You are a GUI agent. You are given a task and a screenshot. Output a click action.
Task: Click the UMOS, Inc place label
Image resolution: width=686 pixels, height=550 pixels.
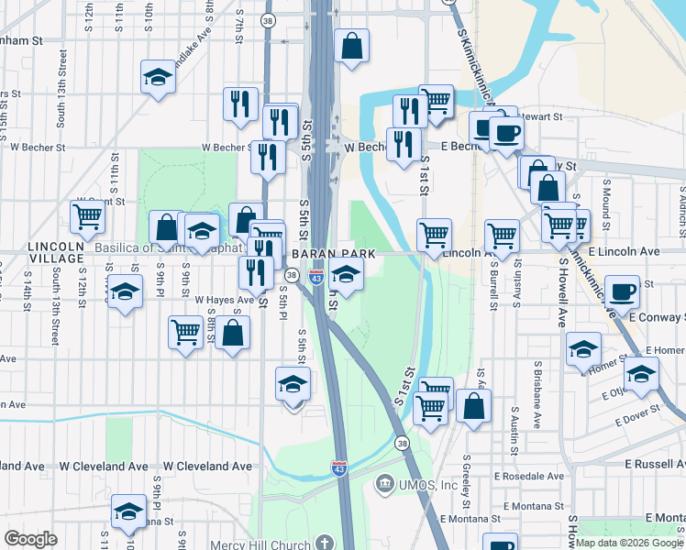(428, 484)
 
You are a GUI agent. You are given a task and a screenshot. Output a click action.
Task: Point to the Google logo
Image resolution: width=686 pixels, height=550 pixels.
(30, 539)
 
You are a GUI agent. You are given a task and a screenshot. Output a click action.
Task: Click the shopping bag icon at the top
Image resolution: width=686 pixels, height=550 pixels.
(351, 45)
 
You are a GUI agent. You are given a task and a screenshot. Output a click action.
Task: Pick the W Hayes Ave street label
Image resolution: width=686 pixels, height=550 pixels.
(224, 300)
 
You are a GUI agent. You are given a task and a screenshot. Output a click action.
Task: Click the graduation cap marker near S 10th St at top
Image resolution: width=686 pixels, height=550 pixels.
(159, 77)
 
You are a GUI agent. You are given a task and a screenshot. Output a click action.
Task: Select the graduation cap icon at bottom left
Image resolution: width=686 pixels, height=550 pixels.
(128, 511)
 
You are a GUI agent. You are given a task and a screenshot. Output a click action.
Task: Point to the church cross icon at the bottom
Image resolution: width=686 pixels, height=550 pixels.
(322, 544)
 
